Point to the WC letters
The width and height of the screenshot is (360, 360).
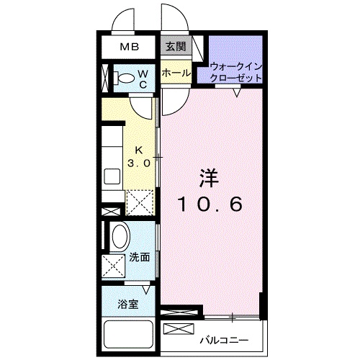click(143, 78)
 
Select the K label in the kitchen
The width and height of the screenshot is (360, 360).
click(139, 151)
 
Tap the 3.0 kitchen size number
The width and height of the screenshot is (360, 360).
click(139, 163)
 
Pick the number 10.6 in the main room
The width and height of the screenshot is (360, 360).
click(210, 204)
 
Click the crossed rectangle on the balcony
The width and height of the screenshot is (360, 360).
click(176, 329)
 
